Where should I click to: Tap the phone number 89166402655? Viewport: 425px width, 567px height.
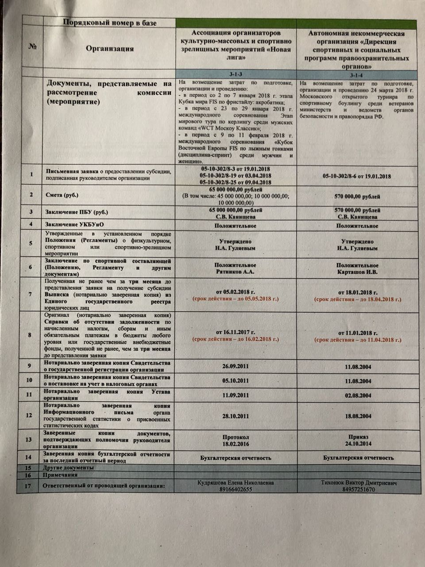tap(235, 489)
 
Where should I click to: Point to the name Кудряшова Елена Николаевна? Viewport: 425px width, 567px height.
tap(235, 482)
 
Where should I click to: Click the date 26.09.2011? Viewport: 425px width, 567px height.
tap(236, 367)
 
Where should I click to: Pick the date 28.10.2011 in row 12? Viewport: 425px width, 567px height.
tap(236, 416)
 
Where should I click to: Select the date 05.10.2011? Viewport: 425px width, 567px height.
tap(236, 381)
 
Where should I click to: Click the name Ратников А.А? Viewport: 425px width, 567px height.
tap(236, 271)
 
